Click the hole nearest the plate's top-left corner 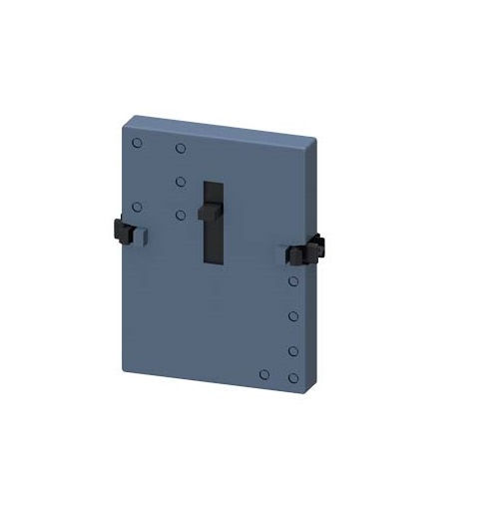point(138,144)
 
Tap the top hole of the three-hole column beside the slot point(181,149)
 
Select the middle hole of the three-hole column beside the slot point(181,182)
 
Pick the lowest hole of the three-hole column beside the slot point(181,214)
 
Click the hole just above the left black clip point(138,209)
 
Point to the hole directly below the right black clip point(294,282)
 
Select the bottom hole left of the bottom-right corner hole point(263,374)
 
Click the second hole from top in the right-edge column point(294,315)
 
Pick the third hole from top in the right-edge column point(294,350)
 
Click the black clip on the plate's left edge point(125,232)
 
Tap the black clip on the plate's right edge point(310,249)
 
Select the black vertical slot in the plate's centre point(213,222)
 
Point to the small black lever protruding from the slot point(209,213)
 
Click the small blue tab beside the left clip point(143,235)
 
